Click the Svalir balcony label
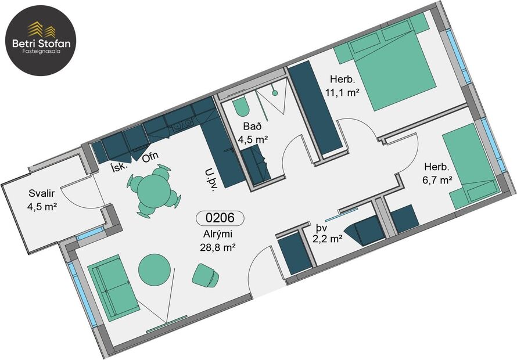coord(40,199)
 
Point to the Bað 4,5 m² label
coord(252,133)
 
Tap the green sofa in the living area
coord(113,287)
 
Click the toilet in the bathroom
coord(240,106)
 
